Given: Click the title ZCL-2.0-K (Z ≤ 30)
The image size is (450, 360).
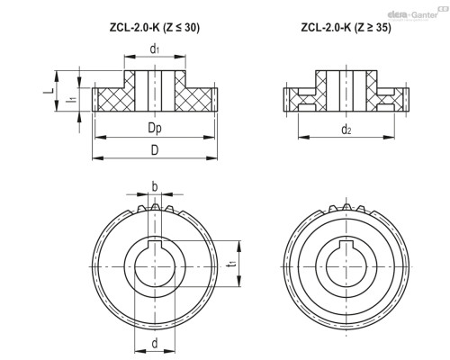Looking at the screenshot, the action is [155, 28].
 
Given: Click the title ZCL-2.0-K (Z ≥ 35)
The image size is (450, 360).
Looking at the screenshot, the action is [346, 28].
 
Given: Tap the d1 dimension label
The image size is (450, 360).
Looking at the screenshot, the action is [155, 49].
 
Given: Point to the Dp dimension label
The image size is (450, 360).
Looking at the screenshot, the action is [155, 129].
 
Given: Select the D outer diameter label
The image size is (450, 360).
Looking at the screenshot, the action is [155, 150].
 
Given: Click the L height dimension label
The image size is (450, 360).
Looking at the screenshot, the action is [48, 91].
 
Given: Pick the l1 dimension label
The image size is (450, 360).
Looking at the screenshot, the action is [71, 100].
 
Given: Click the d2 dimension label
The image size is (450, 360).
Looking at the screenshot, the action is [346, 130].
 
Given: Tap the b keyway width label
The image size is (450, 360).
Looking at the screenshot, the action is [155, 187].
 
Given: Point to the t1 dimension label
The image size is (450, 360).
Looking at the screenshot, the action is [231, 264].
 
